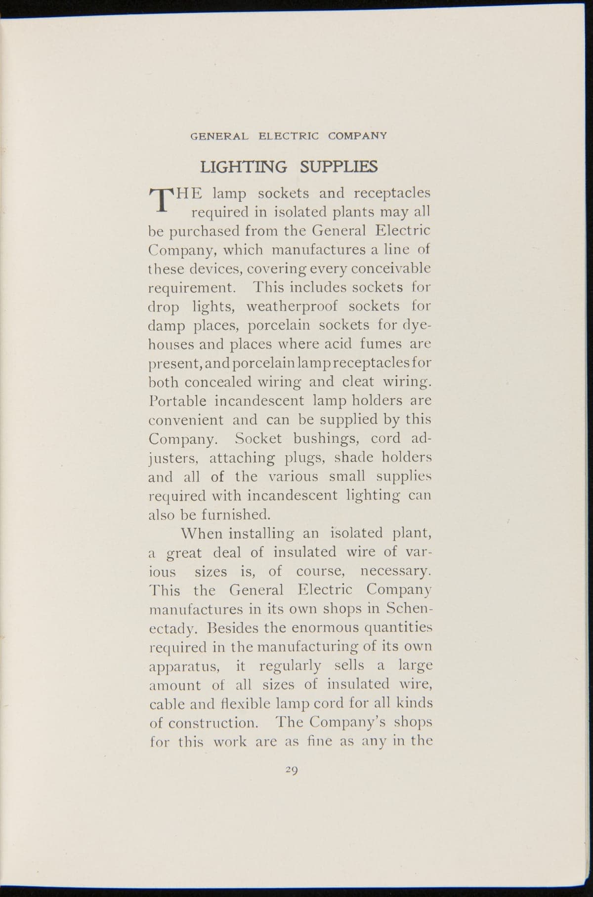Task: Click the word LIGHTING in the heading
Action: tap(243, 166)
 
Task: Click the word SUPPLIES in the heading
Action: tap(339, 166)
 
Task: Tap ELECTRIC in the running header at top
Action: tap(287, 135)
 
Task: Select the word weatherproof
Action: tap(292, 306)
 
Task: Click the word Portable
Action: tap(173, 400)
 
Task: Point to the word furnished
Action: tap(236, 514)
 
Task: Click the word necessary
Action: tap(396, 571)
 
